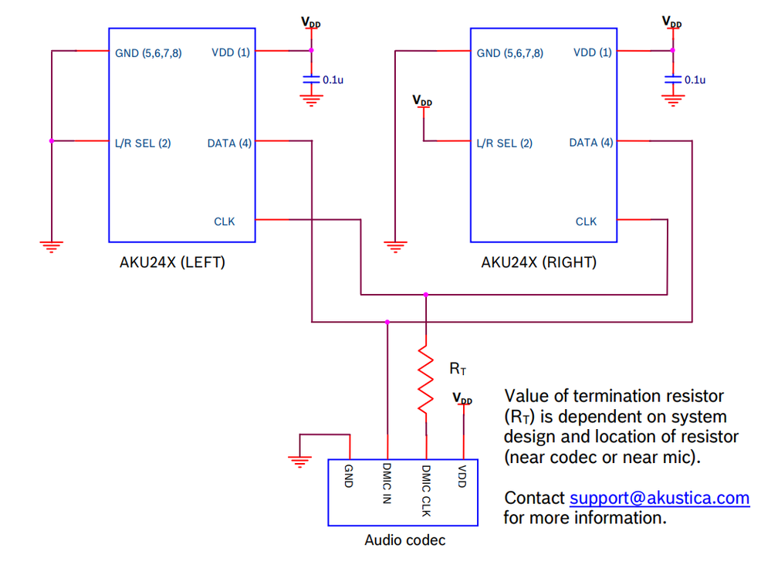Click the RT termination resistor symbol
pos(425,379)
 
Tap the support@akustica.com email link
pos(659,498)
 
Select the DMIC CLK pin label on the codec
pos(426,491)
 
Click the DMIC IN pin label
pos(387,484)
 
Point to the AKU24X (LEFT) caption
pos(172,262)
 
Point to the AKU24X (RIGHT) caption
pos(539,262)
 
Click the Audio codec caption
pos(404,540)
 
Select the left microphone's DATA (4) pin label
pos(229,143)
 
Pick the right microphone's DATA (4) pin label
pos(591,143)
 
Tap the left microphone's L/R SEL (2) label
pos(143,143)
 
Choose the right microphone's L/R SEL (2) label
pos(505,143)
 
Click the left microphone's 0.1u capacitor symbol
pos(311,79)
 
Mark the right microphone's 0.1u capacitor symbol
pos(673,79)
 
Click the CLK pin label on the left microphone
pos(224,221)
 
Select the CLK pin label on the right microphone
pos(586,221)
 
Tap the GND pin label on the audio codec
pos(349,477)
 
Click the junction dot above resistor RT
pos(425,294)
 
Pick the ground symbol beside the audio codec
pos(299,461)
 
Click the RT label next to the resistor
pos(458,369)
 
